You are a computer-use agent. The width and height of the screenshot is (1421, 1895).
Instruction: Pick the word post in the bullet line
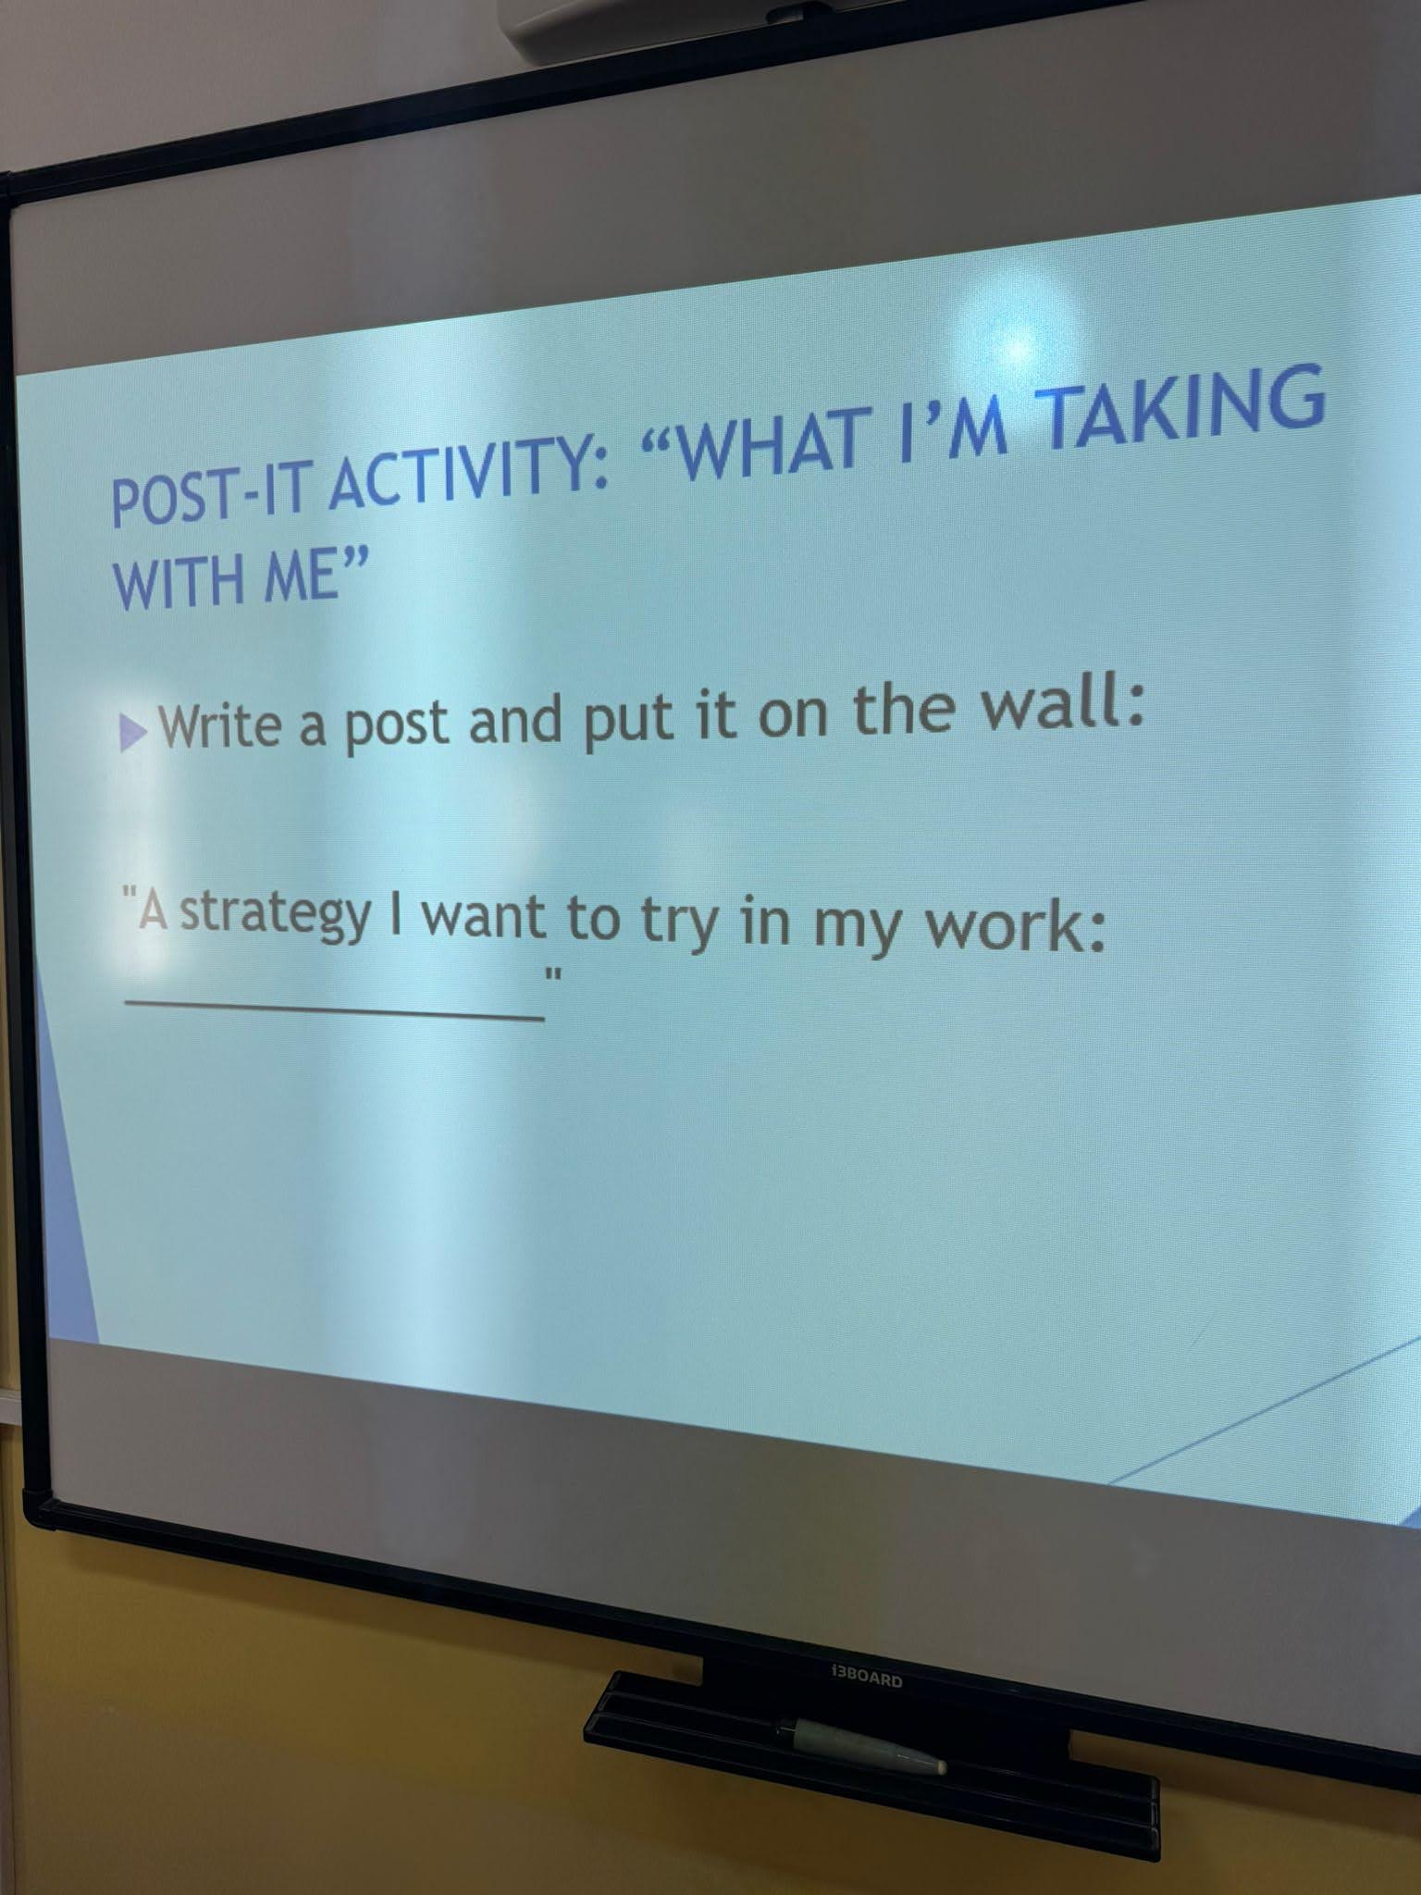tap(398, 725)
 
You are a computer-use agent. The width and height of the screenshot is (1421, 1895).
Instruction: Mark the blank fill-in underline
tap(334, 1009)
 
